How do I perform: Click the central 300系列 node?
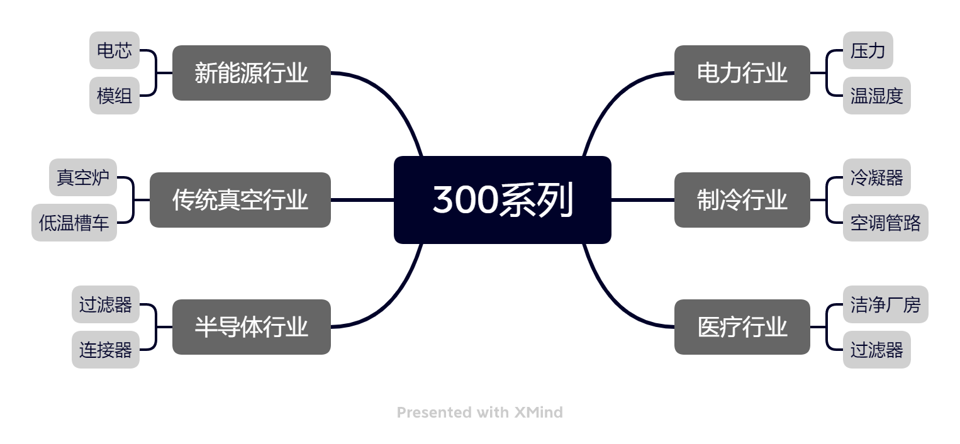click(x=503, y=200)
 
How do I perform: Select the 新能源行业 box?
click(x=252, y=73)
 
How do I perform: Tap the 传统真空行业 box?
click(x=240, y=200)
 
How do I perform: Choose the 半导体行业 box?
click(x=252, y=327)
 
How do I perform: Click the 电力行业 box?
click(x=742, y=73)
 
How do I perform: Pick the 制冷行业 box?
click(x=742, y=200)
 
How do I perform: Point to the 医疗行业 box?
click(x=742, y=327)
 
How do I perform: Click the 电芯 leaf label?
click(x=114, y=50)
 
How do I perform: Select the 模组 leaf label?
click(x=114, y=96)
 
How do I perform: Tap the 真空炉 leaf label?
click(x=83, y=177)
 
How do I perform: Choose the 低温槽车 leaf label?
click(x=74, y=223)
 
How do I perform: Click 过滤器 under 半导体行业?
click(x=106, y=304)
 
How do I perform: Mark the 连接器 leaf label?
click(x=106, y=350)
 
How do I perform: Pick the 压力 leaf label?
click(x=868, y=50)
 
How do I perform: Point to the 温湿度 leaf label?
click(x=876, y=96)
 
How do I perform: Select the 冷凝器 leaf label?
click(x=876, y=177)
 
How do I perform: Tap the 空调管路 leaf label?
click(x=885, y=223)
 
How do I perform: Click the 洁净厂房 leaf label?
click(x=885, y=304)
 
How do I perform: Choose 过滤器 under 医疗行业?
click(x=876, y=350)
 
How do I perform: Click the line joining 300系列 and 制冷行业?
click(x=642, y=200)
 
